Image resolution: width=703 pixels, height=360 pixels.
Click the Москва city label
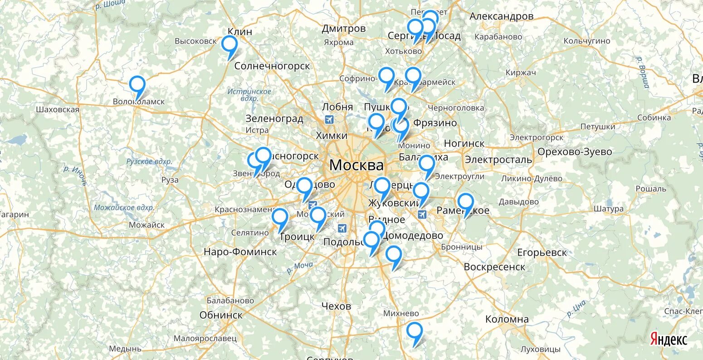(356, 165)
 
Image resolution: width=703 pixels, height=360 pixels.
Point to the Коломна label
(507, 319)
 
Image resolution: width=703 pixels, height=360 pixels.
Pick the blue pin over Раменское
(465, 202)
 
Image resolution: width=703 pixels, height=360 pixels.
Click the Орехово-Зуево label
(575, 152)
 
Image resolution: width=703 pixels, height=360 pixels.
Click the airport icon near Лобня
(329, 120)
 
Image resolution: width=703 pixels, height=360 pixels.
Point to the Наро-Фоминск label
(240, 252)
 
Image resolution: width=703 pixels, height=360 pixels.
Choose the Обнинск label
(221, 315)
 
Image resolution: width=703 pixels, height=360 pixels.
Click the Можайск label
(146, 225)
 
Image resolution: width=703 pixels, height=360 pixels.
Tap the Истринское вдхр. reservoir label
(249, 95)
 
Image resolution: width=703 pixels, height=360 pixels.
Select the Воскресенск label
(494, 267)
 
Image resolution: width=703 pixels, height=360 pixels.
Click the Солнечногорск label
(272, 66)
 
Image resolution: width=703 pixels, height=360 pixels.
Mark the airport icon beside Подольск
(342, 227)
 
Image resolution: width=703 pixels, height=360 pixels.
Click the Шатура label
(608, 209)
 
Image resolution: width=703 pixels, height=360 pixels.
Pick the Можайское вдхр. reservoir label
(124, 208)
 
